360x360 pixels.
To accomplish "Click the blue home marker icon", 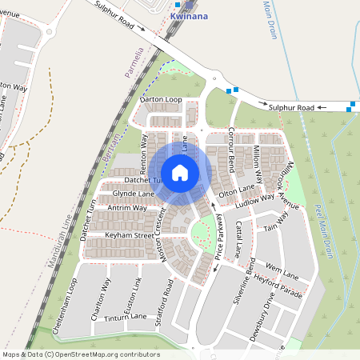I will tap(180, 173).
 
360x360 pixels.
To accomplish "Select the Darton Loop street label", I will tap(162, 99).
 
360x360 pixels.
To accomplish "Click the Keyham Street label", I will tap(129, 236).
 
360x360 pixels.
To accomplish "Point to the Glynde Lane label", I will tap(133, 194).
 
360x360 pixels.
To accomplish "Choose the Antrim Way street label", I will tap(127, 208).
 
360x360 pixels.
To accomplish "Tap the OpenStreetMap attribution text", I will tap(81, 354).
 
